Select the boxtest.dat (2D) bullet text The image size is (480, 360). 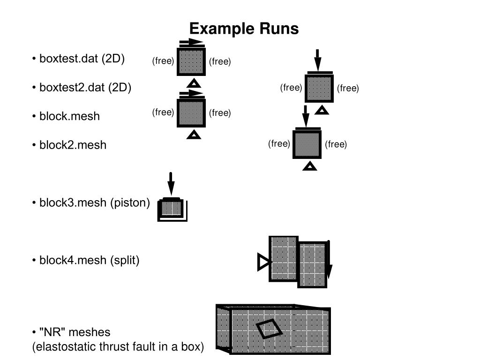[x=82, y=59]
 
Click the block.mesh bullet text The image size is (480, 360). [x=69, y=116]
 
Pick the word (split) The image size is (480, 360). [x=125, y=260]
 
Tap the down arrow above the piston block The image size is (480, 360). [x=171, y=184]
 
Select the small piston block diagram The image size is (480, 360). [x=172, y=209]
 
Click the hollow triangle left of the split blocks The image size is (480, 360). [x=263, y=262]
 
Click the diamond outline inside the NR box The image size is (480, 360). [x=269, y=328]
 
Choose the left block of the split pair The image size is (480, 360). [x=283, y=258]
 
